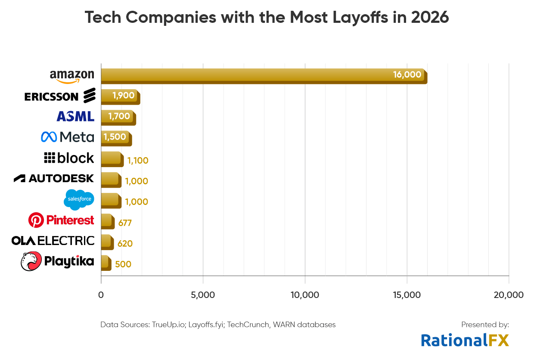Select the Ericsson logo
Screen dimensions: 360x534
pyautogui.click(x=60, y=96)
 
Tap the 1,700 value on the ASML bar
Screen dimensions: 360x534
pyautogui.click(x=119, y=116)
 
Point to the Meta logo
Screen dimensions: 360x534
pyautogui.click(x=67, y=137)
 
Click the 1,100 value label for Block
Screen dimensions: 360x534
pyautogui.click(x=137, y=161)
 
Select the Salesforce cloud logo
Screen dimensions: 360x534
pyautogui.click(x=79, y=199)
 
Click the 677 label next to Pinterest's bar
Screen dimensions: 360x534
pyautogui.click(x=125, y=223)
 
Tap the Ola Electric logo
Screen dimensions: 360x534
pyautogui.click(x=53, y=241)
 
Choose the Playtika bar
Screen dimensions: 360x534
pyautogui.click(x=106, y=262)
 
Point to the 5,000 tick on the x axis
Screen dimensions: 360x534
pyautogui.click(x=203, y=295)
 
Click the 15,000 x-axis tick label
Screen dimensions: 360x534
pyautogui.click(x=407, y=295)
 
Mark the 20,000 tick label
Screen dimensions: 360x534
pyautogui.click(x=509, y=295)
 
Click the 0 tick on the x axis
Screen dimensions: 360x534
pyautogui.click(x=101, y=295)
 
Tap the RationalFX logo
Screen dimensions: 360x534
pyautogui.click(x=465, y=340)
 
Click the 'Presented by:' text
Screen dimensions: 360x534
pyautogui.click(x=485, y=325)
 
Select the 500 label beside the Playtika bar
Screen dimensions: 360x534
pyautogui.click(x=123, y=264)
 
